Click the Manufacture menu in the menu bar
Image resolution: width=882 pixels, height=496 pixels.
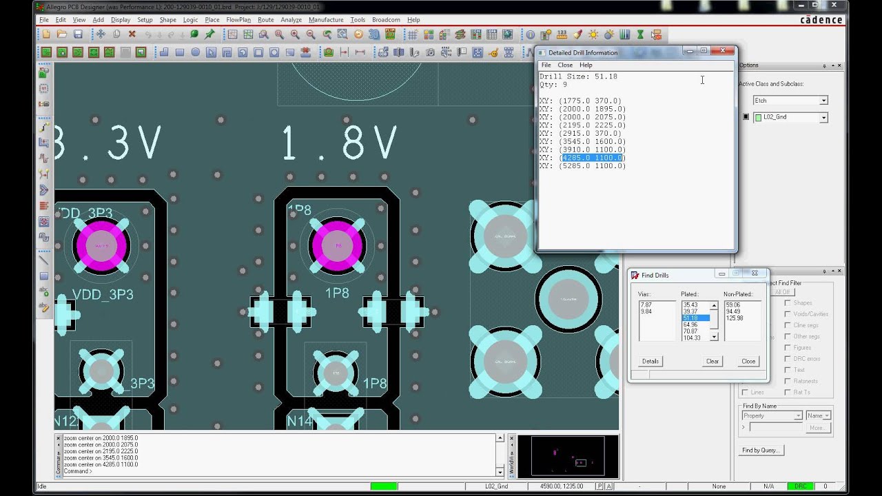[x=326, y=20]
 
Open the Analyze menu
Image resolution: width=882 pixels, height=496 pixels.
[x=291, y=20]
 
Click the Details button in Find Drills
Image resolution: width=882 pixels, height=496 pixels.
[x=650, y=361]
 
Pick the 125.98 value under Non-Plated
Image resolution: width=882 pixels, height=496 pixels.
[x=735, y=318]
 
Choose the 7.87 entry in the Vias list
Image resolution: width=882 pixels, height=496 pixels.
[x=646, y=304]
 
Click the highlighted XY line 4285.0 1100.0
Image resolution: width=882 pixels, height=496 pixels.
[x=592, y=158]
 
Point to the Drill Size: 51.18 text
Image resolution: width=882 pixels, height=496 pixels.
[x=578, y=76]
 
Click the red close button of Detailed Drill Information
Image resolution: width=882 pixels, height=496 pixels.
[x=723, y=51]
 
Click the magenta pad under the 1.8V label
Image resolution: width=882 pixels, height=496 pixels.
[x=338, y=246]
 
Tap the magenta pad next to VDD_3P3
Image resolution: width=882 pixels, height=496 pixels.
[x=102, y=246]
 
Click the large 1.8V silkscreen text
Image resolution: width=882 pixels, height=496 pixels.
[x=340, y=143]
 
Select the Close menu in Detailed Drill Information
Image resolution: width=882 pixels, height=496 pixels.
[x=565, y=65]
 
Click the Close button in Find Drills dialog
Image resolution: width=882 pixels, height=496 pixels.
[x=748, y=361]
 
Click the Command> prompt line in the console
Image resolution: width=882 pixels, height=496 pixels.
[x=78, y=471]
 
